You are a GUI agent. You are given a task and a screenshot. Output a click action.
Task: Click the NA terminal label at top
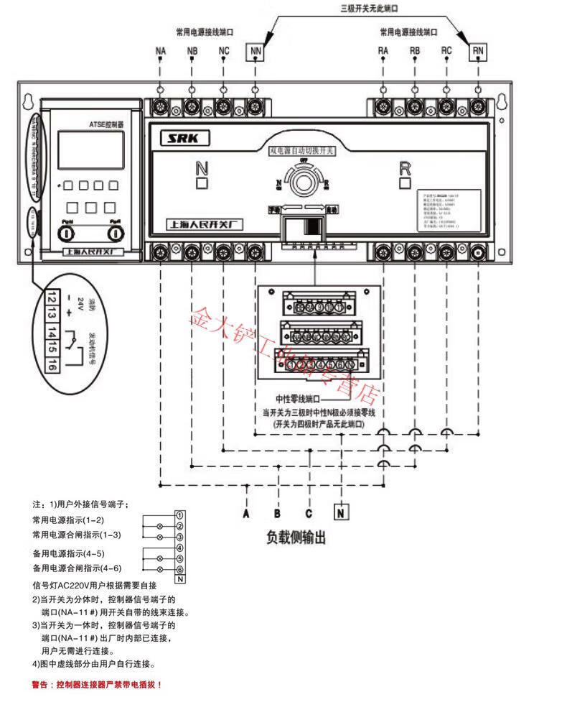click(x=160, y=52)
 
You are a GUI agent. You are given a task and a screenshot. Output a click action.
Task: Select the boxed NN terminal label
click(x=256, y=52)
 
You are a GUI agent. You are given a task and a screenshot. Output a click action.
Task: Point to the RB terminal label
click(x=415, y=51)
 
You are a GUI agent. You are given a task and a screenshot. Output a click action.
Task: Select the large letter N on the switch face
click(x=202, y=169)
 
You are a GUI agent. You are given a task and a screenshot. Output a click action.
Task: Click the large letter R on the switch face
click(x=405, y=169)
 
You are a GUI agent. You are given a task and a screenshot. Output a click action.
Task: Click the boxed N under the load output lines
click(x=342, y=513)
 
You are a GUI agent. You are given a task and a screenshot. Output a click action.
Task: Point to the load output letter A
click(x=246, y=513)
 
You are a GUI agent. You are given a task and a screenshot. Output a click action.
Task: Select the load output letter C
click(x=309, y=513)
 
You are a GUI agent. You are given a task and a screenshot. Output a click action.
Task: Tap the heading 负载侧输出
click(x=296, y=538)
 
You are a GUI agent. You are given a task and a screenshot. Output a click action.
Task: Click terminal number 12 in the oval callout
click(x=52, y=296)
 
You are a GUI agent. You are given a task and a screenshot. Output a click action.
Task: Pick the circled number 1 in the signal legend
click(x=180, y=515)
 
